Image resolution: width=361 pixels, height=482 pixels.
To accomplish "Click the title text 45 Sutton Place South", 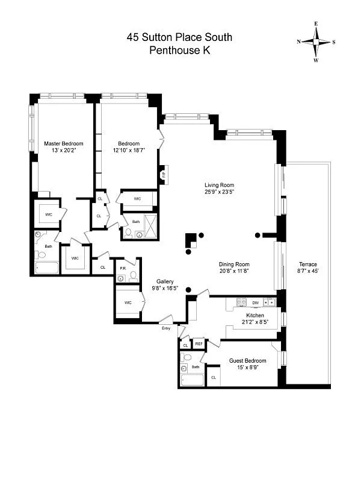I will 179,37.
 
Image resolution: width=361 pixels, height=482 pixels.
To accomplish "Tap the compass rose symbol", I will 316,42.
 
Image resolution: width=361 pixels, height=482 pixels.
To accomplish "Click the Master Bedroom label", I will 64,143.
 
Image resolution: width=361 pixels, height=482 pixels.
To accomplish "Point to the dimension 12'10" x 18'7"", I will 129,150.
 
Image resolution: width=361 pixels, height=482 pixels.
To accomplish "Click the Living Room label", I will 219,185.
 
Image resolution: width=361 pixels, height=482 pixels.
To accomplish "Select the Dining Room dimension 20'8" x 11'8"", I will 234,271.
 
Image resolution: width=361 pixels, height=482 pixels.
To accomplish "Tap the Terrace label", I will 307,264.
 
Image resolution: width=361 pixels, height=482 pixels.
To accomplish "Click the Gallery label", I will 165,281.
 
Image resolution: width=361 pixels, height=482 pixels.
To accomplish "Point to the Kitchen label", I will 255,315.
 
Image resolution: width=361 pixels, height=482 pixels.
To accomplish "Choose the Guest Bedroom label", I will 247,361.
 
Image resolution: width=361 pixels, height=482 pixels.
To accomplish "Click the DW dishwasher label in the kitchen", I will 255,302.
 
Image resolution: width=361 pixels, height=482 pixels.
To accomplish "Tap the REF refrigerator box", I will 199,344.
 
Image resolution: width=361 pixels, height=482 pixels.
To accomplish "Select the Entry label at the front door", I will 165,328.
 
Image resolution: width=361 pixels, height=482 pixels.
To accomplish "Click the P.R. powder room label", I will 122,268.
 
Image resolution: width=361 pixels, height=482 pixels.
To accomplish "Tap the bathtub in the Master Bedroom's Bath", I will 46,267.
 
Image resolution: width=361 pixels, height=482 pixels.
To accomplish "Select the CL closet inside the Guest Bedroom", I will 213,377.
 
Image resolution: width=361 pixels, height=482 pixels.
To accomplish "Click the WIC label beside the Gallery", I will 128,302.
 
